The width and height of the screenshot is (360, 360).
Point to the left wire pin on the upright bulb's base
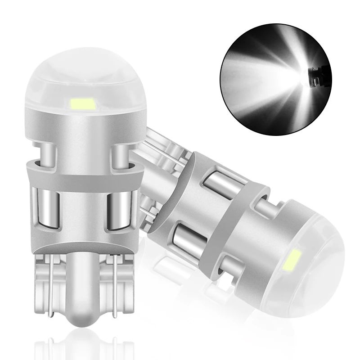tap(51, 288)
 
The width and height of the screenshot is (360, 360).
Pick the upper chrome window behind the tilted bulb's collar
tap(215, 178)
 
